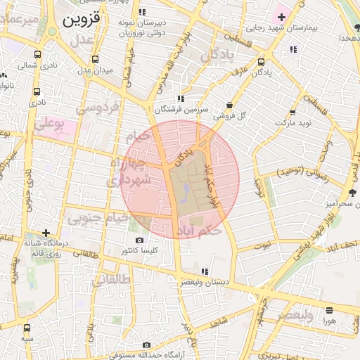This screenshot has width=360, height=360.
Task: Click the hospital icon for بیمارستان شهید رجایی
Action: pos(282,16)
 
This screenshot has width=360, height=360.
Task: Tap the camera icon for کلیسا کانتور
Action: pos(139,240)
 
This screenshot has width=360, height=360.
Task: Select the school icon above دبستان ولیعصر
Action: pos(205,271)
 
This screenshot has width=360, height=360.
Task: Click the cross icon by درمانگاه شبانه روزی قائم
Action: pos(46,233)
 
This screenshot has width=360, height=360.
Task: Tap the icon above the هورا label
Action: pos(328,310)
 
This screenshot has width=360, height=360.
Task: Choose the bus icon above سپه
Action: pos(27,328)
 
